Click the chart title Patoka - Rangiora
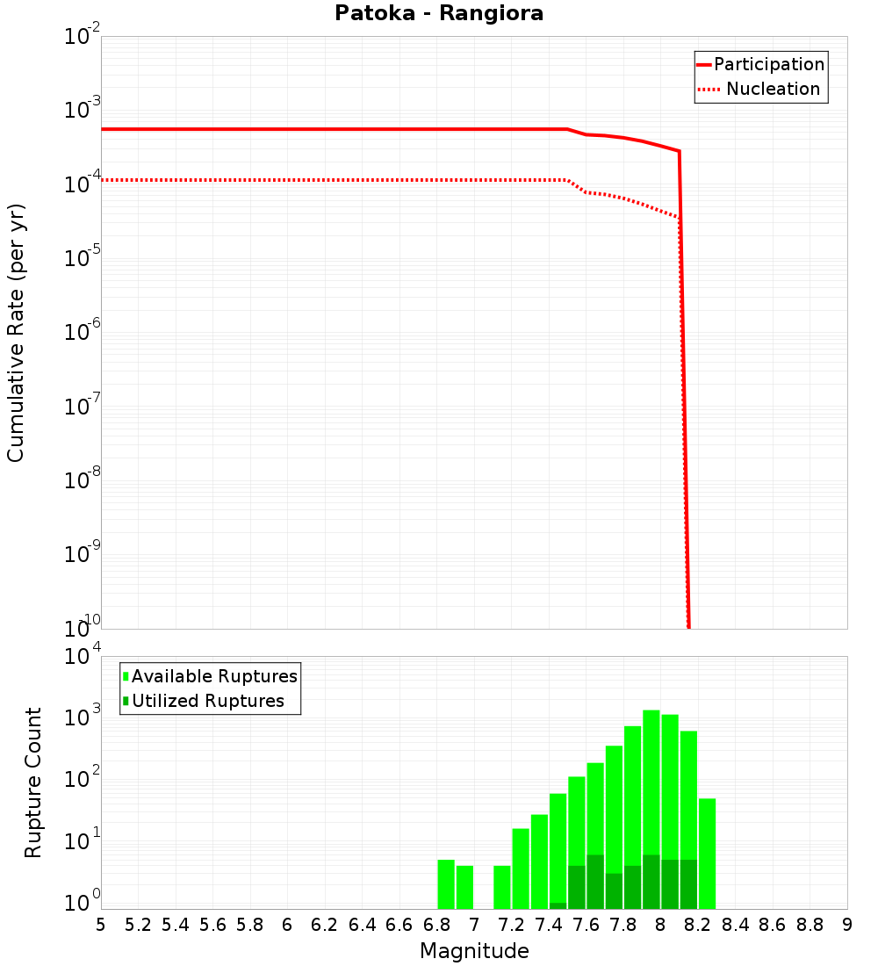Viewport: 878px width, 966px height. tap(439, 13)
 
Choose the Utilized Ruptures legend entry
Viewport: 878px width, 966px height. tap(207, 701)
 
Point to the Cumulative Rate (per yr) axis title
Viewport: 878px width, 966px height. tap(16, 333)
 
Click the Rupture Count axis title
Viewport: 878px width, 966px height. tap(33, 782)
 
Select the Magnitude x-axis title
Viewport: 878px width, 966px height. tap(474, 951)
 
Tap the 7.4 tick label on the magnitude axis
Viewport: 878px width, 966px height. tap(549, 925)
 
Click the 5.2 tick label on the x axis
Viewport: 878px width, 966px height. tap(139, 925)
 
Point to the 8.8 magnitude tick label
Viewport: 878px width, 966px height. tap(810, 925)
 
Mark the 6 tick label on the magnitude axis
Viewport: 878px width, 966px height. tap(287, 925)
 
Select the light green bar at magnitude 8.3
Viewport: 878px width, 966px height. tap(708, 852)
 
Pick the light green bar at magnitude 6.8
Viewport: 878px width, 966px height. tap(446, 883)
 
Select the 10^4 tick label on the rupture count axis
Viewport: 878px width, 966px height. tap(83, 658)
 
